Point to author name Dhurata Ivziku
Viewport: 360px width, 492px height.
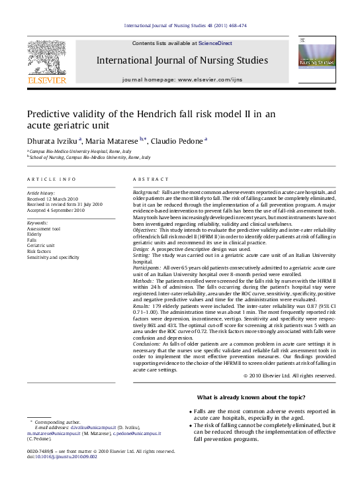52,140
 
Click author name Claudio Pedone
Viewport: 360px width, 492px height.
176,140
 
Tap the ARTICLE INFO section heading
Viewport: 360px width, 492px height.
52,179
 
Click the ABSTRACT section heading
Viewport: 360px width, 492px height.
147,179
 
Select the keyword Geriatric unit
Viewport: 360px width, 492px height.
41,245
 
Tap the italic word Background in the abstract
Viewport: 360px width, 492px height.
146,192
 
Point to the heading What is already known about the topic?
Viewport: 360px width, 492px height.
251,397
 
